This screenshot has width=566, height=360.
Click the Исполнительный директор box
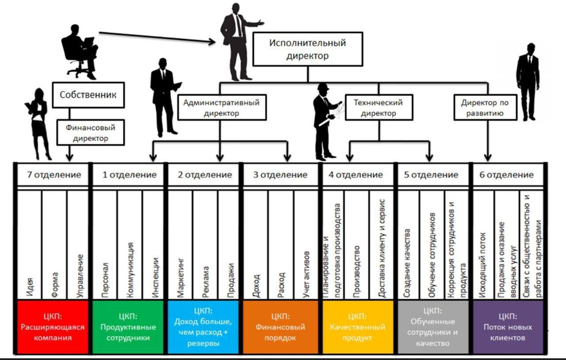307,49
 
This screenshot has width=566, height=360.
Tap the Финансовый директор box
90,132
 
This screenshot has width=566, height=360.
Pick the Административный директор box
221,107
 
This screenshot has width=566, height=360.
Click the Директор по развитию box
485,107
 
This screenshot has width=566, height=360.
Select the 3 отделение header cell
280,175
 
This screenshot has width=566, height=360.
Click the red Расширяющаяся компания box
51,326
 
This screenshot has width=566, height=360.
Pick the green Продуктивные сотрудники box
129,326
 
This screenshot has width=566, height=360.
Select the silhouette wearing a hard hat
324,119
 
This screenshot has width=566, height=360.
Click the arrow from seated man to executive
157,37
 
